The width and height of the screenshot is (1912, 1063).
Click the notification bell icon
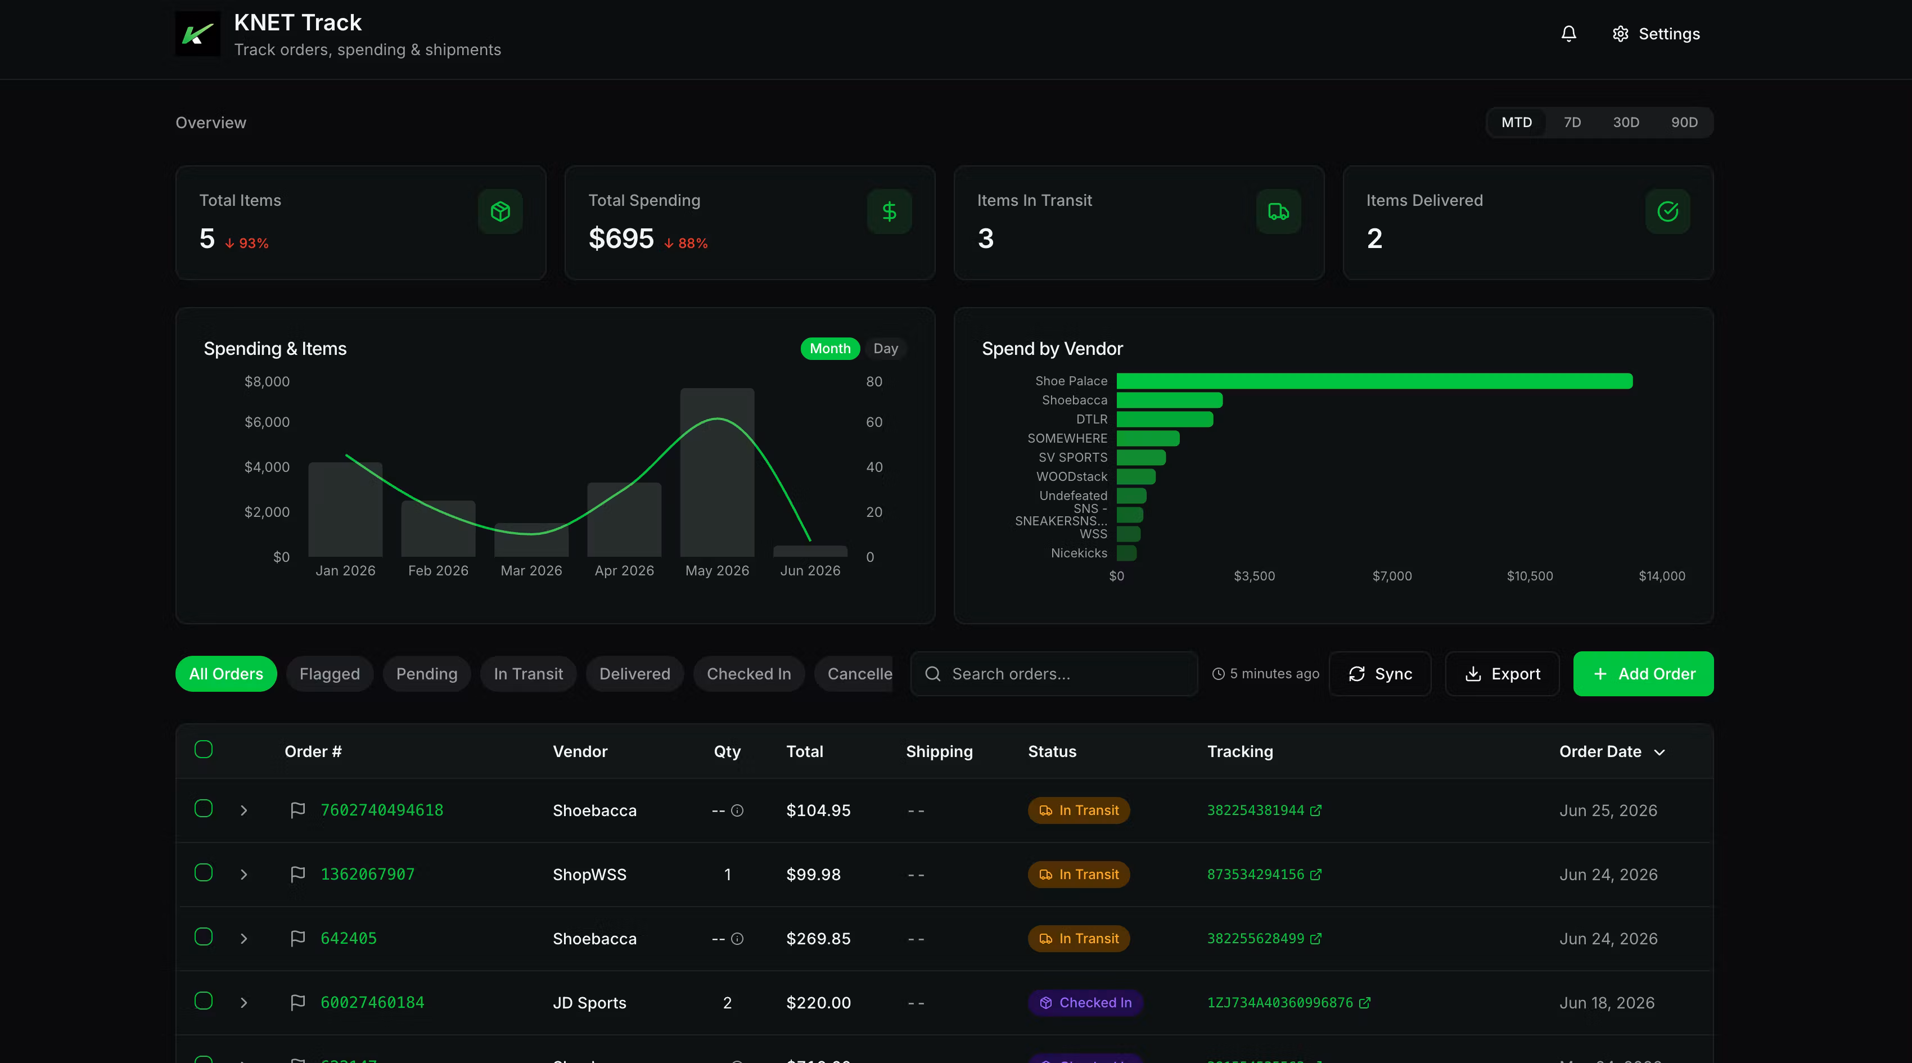(x=1568, y=34)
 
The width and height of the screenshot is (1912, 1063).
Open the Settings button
(x=1656, y=34)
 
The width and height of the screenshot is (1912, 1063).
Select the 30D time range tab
(x=1626, y=123)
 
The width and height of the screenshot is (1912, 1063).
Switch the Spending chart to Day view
(x=886, y=349)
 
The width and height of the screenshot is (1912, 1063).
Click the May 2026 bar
(x=717, y=472)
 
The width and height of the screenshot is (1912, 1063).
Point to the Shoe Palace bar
(x=1374, y=381)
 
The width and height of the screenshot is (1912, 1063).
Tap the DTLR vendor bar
(x=1165, y=420)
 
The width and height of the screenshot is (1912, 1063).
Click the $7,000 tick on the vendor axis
(x=1392, y=576)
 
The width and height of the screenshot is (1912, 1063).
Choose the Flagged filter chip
(x=330, y=674)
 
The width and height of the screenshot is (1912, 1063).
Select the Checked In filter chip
(x=749, y=674)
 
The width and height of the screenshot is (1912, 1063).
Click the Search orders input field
(x=1054, y=674)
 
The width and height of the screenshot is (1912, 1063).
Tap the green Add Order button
(x=1643, y=674)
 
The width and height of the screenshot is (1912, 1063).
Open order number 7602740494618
(x=381, y=810)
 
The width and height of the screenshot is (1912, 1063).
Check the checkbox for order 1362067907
(x=204, y=873)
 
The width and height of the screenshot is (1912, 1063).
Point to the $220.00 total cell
(x=819, y=1003)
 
